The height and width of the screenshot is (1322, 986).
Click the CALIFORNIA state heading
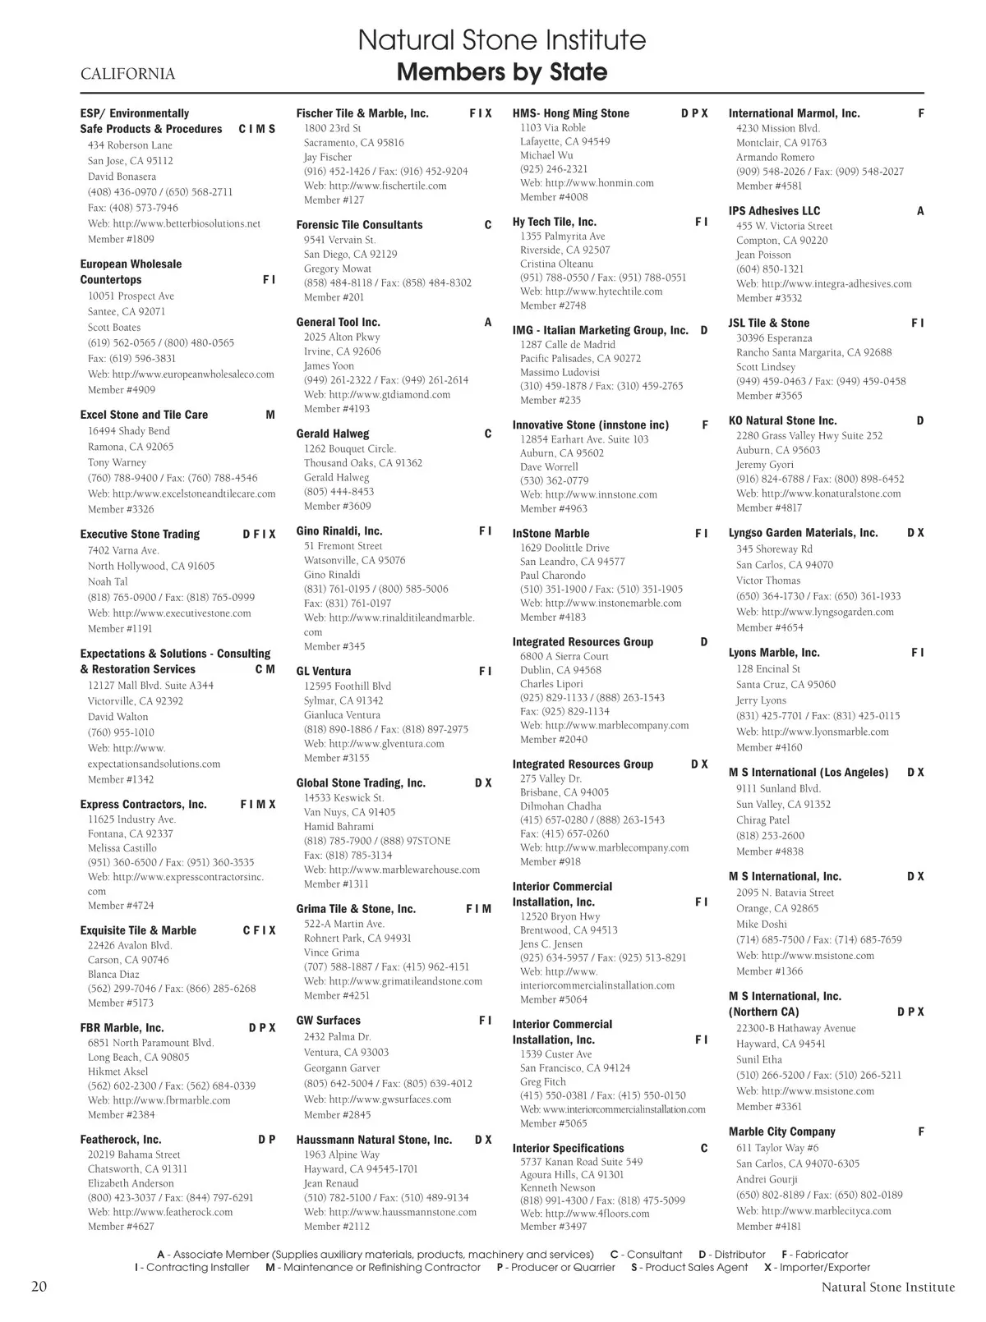coord(127,75)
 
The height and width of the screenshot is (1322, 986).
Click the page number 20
coord(39,1287)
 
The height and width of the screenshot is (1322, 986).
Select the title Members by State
coord(501,72)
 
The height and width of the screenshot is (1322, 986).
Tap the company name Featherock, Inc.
coord(121,1140)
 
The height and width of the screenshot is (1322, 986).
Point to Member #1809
coord(121,239)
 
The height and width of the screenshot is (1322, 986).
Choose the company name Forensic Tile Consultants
coord(359,225)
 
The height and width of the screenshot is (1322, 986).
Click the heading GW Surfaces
coord(328,1021)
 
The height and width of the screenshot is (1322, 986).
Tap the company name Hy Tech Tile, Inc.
coord(554,222)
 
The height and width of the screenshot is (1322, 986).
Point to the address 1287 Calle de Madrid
coord(567,345)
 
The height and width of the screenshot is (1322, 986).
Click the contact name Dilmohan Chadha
coord(562,806)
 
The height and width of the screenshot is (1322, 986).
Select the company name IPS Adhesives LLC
coord(774,211)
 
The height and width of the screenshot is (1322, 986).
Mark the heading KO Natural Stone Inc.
coord(782,420)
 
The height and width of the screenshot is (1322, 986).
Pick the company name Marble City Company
coord(781,1132)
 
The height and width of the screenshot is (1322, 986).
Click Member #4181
coord(769,1227)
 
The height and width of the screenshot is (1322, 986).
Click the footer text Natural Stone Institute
coord(887,1288)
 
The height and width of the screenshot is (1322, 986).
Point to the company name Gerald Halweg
coord(333,434)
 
